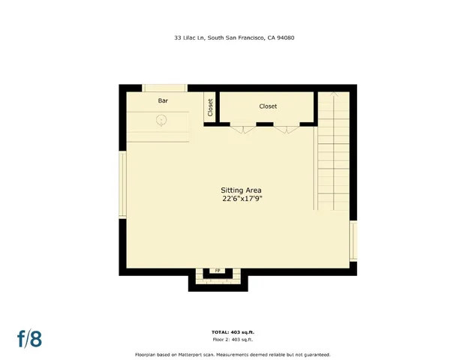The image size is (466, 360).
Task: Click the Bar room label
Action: tap(163, 100)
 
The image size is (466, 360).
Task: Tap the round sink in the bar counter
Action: tap(161, 120)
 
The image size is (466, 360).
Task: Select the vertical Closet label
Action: tap(210, 107)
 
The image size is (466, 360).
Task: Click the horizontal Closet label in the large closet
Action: tap(268, 106)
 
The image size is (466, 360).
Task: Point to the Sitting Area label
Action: tap(241, 190)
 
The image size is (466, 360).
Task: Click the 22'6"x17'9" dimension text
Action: tap(241, 199)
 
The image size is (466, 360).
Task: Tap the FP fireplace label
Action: tap(218, 271)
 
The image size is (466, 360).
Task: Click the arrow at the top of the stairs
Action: tap(334, 96)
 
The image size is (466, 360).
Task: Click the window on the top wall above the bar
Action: tap(164, 88)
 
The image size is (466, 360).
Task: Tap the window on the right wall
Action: tap(353, 241)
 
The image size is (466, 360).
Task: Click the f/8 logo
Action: tap(29, 338)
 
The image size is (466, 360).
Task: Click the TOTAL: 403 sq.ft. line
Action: tap(233, 331)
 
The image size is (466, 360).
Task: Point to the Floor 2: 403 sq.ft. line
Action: tap(233, 339)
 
